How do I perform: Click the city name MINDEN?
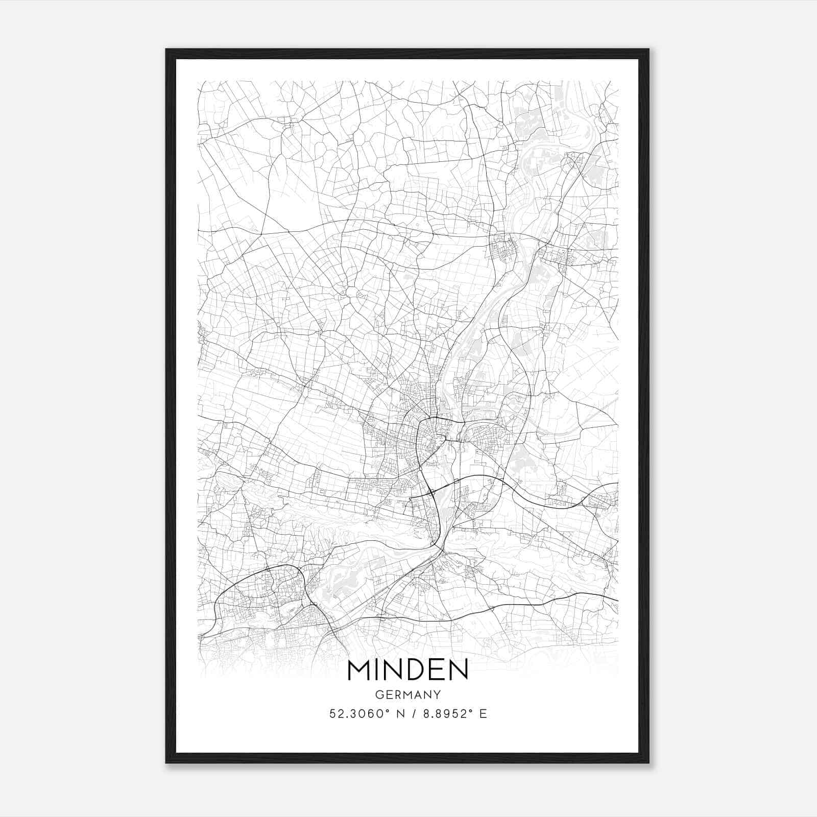click(407, 670)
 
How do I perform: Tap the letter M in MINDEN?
click(360, 670)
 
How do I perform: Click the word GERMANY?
click(407, 695)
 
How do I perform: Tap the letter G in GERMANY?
click(379, 695)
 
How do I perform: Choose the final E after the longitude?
click(483, 714)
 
